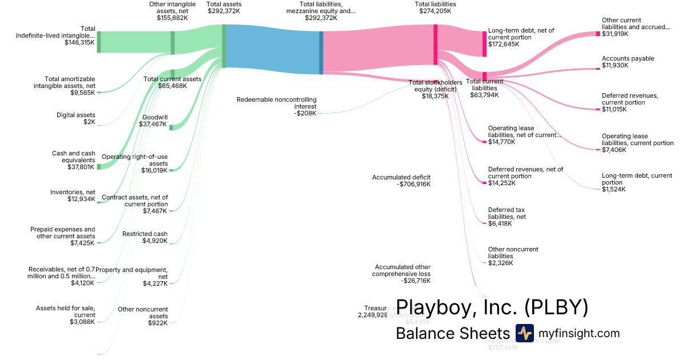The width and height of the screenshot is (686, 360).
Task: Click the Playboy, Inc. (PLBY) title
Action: tap(492, 307)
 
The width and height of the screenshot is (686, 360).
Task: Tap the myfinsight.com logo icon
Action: tap(524, 333)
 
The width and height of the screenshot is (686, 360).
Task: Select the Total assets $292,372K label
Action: tap(225, 7)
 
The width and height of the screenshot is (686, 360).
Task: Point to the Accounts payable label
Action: tap(628, 58)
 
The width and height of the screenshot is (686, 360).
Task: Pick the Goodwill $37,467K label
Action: tap(154, 120)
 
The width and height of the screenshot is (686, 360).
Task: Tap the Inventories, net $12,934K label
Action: tap(73, 195)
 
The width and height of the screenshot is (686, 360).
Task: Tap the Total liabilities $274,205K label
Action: tap(435, 7)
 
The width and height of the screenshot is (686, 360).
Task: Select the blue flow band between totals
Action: tap(272, 52)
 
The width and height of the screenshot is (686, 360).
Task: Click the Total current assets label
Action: tap(173, 79)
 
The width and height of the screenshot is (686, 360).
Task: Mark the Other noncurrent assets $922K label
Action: tap(142, 316)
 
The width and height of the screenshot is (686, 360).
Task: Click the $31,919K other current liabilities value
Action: tap(615, 34)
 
